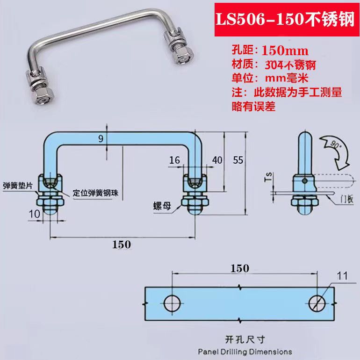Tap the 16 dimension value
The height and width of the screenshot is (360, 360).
click(174, 160)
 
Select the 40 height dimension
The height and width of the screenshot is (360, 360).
click(217, 160)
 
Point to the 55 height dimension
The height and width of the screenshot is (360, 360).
click(238, 160)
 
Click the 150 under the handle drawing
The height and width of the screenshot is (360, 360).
click(122, 244)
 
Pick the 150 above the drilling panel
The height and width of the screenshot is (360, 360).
click(239, 268)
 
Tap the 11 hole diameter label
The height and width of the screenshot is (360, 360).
click(343, 276)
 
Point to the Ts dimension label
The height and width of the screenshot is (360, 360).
click(268, 178)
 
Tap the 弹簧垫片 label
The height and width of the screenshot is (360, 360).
click(17, 185)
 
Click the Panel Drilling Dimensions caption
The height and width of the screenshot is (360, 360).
click(245, 352)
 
